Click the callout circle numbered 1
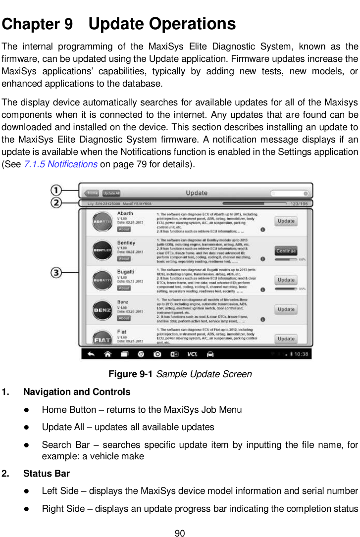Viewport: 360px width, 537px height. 57,190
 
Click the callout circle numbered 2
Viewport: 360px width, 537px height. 57,203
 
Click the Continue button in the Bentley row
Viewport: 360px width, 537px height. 286,250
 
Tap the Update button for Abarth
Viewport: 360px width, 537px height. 286,221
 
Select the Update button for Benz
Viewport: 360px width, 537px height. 286,309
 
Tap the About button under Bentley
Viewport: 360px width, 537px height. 124,259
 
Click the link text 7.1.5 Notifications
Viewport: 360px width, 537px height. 60,164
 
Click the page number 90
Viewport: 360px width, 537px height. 180,533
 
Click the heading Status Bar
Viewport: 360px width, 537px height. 47,474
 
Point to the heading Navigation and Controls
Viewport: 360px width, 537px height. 77,392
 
